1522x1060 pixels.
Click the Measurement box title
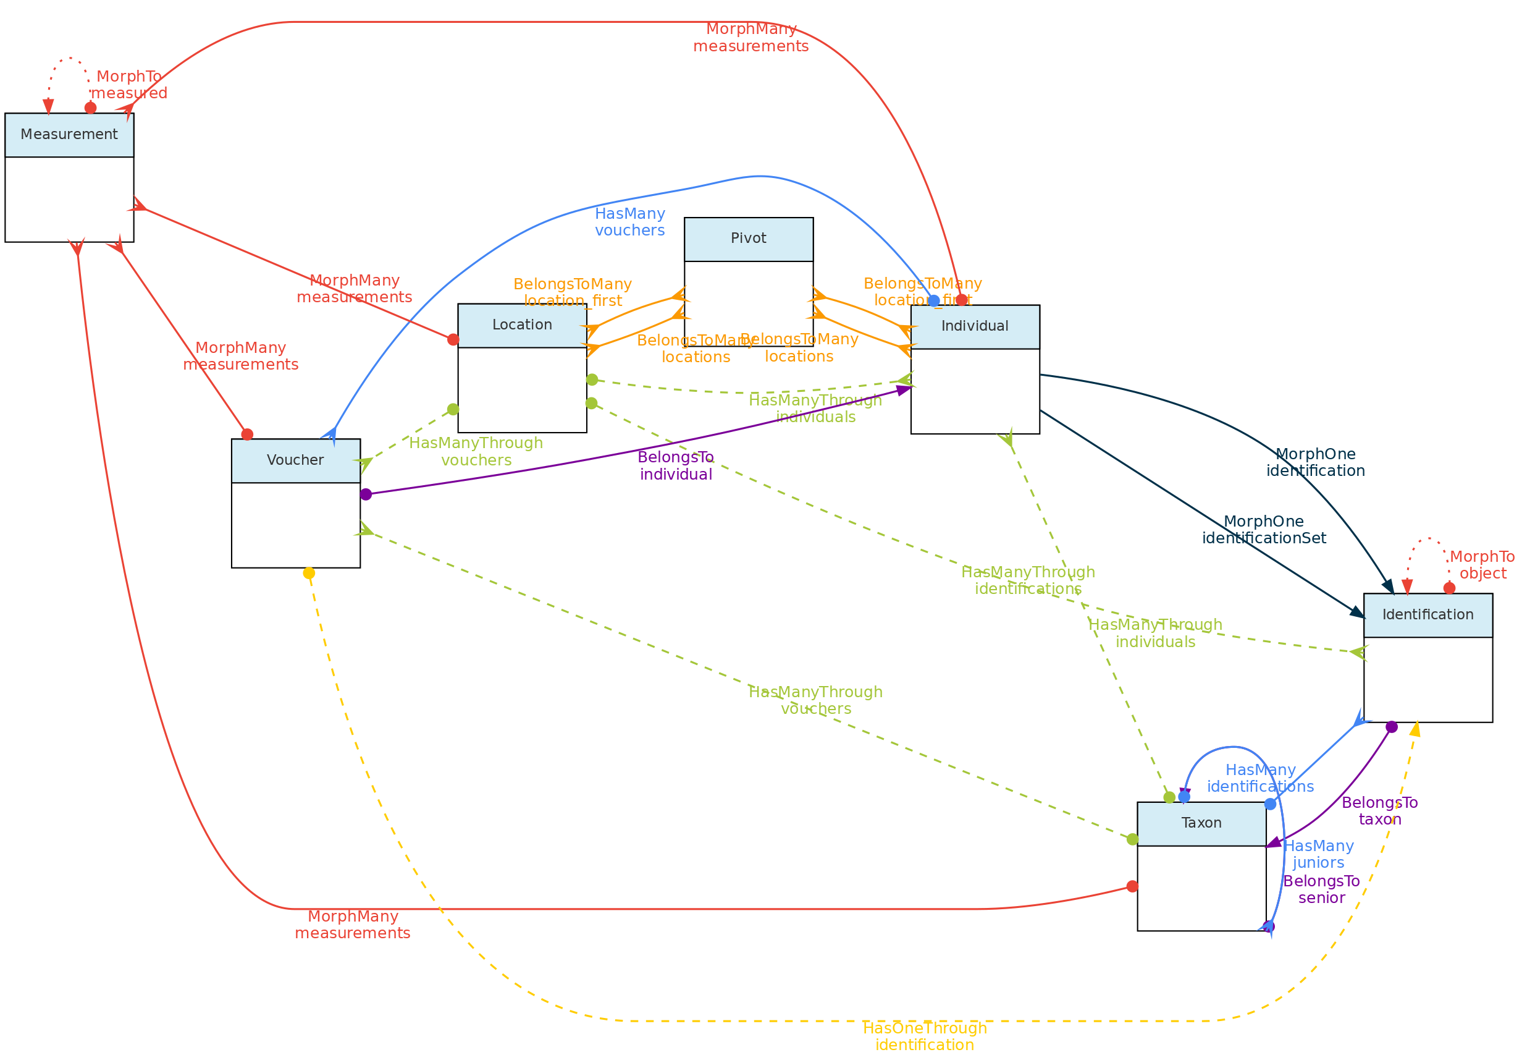pos(69,135)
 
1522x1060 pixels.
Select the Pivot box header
pos(749,239)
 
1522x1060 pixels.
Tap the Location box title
pos(522,325)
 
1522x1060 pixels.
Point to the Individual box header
pos(975,326)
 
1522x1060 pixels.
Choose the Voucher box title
pos(295,460)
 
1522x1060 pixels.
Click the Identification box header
pos(1428,615)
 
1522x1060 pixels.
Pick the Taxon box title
pos(1201,823)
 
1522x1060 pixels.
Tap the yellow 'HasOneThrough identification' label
pos(925,1037)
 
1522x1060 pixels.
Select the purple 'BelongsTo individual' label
pos(676,465)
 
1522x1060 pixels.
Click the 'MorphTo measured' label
pos(129,85)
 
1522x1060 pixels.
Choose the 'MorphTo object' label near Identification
pos(1482,565)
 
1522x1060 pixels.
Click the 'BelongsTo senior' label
pos(1321,889)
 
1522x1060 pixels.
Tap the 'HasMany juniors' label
pos(1319,854)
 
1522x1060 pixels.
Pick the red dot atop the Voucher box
pos(247,435)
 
